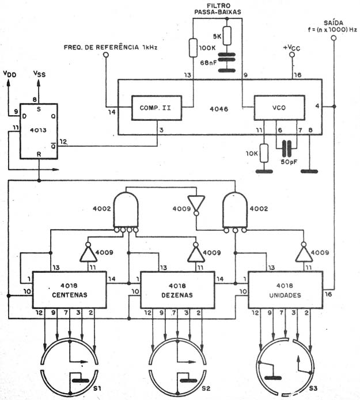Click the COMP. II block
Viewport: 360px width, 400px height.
click(157, 108)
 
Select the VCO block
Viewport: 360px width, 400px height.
click(279, 108)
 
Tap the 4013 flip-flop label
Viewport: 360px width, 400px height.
click(38, 130)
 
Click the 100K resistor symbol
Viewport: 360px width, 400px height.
click(193, 48)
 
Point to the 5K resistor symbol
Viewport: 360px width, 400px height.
click(227, 36)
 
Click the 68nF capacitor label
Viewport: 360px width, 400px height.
click(209, 63)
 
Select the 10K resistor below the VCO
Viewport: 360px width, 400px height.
click(264, 153)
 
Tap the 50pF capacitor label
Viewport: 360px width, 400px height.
click(289, 162)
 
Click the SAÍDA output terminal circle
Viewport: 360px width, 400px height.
click(333, 38)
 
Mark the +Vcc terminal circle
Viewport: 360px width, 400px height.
click(292, 55)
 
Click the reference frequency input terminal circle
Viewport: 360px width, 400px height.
click(106, 55)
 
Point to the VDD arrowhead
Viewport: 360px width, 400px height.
click(8, 82)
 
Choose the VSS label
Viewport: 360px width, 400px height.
click(39, 74)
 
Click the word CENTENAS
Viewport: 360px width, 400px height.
click(70, 295)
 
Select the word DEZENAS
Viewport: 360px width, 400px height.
click(177, 295)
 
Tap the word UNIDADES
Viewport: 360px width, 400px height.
click(285, 295)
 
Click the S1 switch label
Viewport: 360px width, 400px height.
click(97, 388)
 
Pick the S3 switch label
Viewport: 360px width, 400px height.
click(313, 388)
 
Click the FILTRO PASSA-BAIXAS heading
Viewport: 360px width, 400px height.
click(218, 9)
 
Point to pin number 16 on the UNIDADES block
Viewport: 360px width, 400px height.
click(328, 294)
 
